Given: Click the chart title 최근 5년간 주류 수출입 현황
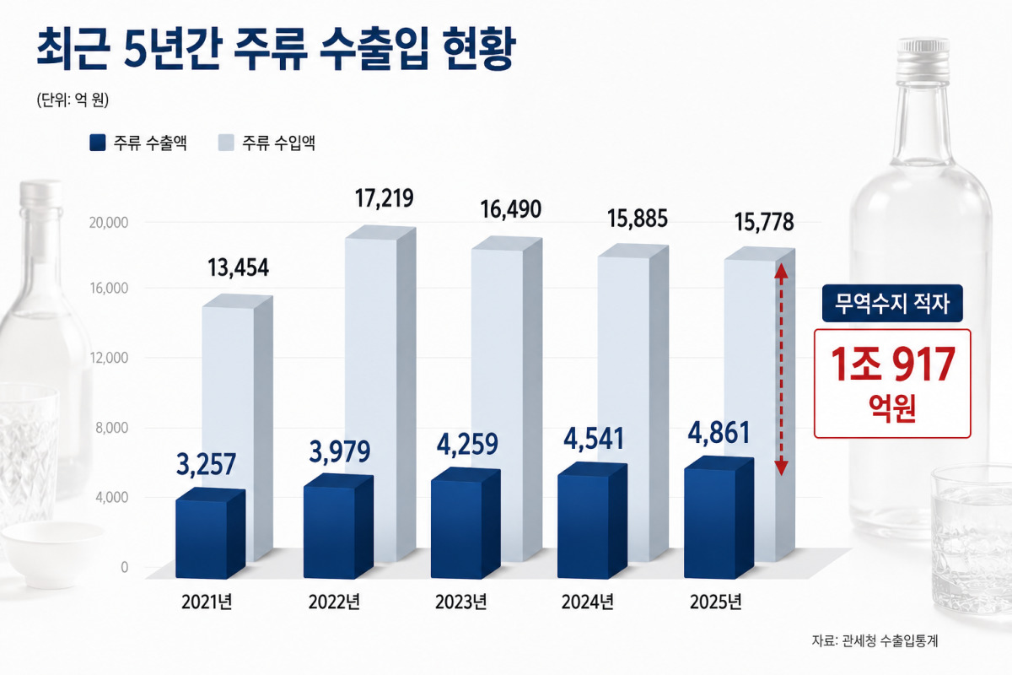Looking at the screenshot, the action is (x=276, y=49).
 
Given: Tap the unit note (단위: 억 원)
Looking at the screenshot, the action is (x=73, y=100).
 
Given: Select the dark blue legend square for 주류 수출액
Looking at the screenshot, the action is (x=98, y=143).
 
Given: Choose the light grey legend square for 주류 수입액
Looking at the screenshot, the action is (x=226, y=143).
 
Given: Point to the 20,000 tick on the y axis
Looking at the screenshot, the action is (x=109, y=223).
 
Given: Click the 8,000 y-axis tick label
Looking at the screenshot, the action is (x=111, y=427).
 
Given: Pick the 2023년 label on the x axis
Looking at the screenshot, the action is (x=460, y=602).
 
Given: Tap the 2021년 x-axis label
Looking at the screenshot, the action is (x=207, y=602).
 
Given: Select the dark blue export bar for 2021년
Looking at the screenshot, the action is (x=210, y=533).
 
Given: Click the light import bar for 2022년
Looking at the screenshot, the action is (x=380, y=394).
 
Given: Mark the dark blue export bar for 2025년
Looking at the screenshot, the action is (x=719, y=518).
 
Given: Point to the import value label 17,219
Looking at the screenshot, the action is (x=384, y=198).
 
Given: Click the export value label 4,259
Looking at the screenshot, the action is (x=467, y=445).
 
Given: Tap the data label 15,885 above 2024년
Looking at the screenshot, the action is (x=638, y=219).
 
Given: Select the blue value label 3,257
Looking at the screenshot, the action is (x=206, y=464).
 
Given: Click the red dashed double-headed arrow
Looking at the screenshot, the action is (x=782, y=370).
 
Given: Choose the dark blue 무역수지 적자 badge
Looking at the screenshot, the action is (x=892, y=303).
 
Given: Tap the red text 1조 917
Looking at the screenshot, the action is (x=892, y=364).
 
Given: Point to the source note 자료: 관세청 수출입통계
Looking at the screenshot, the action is (x=875, y=640).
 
